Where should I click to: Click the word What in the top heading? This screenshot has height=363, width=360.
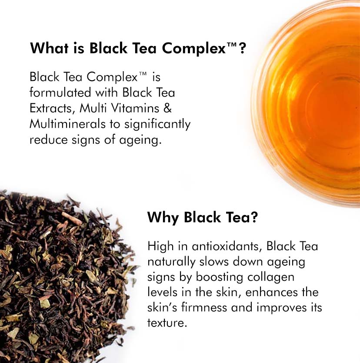(50, 48)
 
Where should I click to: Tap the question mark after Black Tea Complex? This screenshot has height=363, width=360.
(242, 48)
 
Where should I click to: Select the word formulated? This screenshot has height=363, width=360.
(60, 92)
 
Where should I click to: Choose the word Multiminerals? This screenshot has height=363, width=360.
(68, 124)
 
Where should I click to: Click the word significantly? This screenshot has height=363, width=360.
(157, 125)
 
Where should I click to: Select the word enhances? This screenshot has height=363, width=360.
(271, 292)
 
